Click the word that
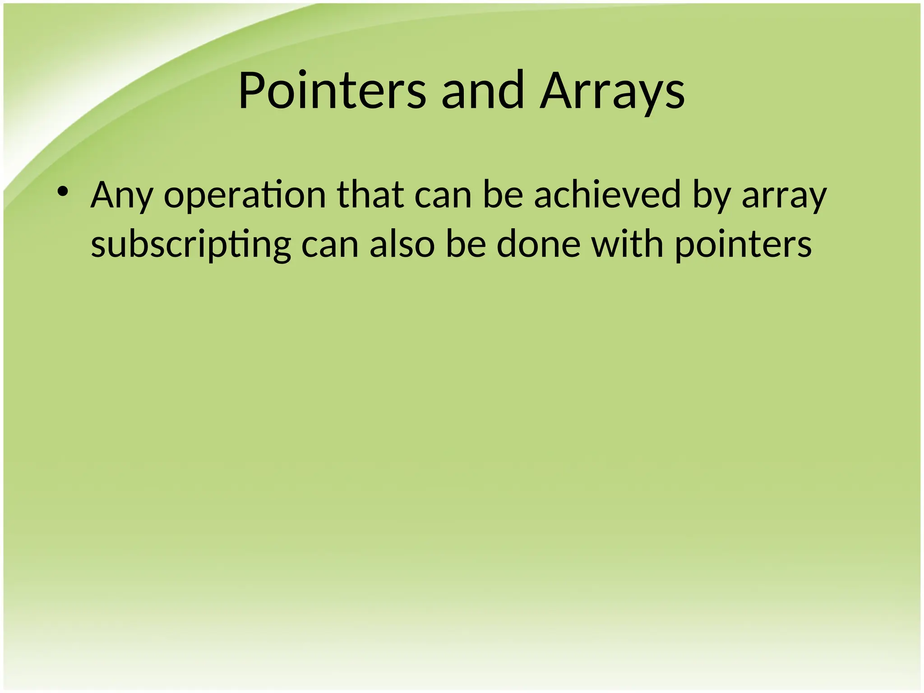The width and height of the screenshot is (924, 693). tap(370, 194)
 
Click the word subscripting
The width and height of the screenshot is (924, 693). tap(191, 245)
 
